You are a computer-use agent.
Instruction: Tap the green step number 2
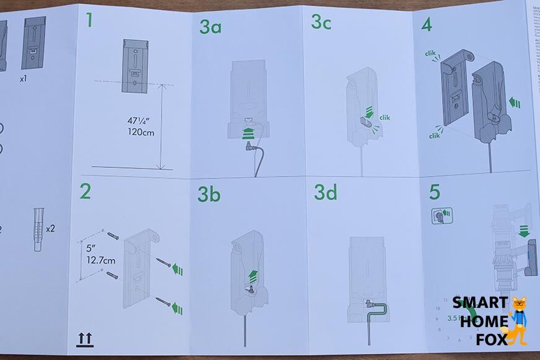click(85, 191)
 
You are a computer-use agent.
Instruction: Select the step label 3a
click(212, 27)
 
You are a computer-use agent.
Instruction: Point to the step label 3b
click(209, 195)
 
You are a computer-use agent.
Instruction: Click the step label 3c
click(321, 22)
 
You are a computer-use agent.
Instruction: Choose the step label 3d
click(325, 193)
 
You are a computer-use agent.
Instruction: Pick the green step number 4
click(427, 25)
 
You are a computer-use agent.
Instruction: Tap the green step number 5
click(435, 191)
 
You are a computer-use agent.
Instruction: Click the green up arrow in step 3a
click(248, 131)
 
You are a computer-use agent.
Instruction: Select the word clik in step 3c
click(385, 117)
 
